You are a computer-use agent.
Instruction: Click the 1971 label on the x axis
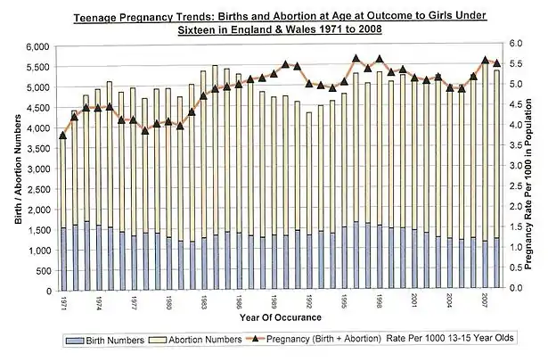[62, 301]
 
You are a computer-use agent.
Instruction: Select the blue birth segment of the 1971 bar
[62, 259]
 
